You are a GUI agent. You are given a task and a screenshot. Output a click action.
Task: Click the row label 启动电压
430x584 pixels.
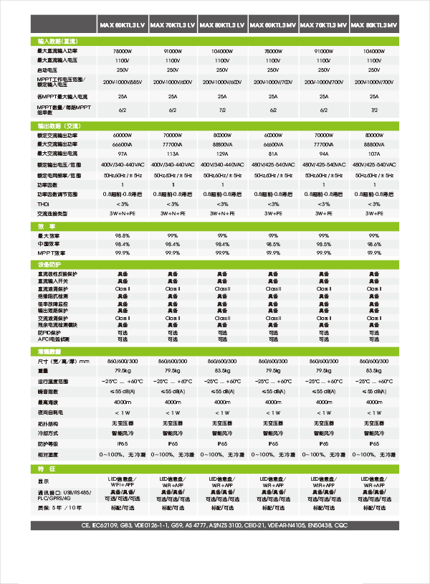(x=49, y=70)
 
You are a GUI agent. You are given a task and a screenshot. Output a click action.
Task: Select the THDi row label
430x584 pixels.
(x=43, y=204)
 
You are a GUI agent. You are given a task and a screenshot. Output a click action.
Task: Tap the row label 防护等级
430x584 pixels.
(x=49, y=444)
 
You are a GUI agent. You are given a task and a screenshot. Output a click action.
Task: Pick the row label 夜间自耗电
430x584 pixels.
(x=51, y=413)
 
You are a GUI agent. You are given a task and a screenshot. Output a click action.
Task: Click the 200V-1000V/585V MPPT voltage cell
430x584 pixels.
(x=123, y=83)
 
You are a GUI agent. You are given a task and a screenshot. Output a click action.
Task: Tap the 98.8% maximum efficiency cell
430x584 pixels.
(x=123, y=235)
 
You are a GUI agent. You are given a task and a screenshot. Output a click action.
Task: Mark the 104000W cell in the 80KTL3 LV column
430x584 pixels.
(x=223, y=52)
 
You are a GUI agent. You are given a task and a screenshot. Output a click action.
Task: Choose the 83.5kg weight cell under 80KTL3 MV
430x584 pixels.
(x=374, y=371)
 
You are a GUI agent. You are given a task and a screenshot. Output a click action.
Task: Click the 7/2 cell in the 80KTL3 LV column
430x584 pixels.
(x=223, y=110)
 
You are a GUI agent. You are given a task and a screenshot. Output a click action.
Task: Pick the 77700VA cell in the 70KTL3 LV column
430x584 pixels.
(x=173, y=145)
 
